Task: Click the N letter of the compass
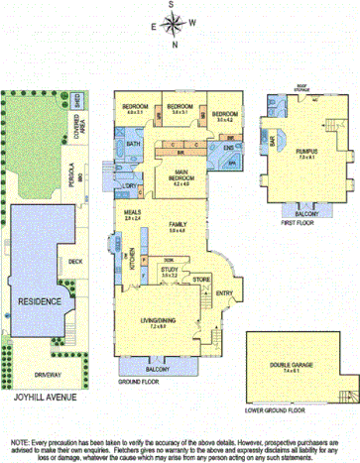point(175,44)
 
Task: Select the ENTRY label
point(223,292)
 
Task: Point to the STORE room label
point(200,281)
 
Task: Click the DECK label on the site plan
point(75,262)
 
